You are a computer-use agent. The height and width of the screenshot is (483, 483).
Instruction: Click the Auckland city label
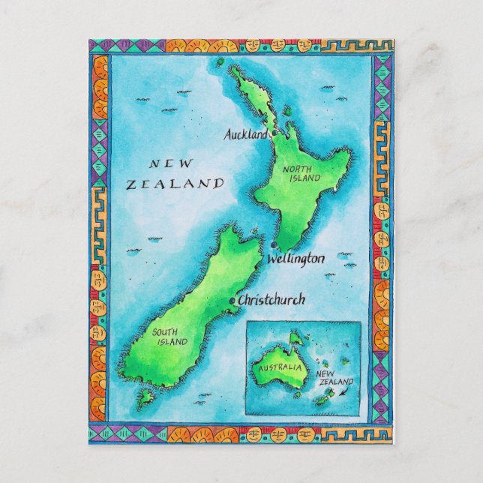click(245, 135)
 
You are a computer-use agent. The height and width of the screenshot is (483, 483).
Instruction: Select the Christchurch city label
click(271, 300)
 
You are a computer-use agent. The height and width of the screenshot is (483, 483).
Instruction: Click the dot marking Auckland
click(274, 133)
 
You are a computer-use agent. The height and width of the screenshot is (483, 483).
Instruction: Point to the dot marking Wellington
click(276, 245)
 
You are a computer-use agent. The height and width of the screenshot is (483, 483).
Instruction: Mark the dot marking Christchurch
click(232, 301)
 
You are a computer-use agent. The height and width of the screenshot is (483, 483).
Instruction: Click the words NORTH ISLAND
click(302, 174)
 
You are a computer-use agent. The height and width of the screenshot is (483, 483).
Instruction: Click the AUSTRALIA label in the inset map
click(277, 368)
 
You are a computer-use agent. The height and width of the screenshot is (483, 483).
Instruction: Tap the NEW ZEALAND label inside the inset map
click(334, 376)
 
